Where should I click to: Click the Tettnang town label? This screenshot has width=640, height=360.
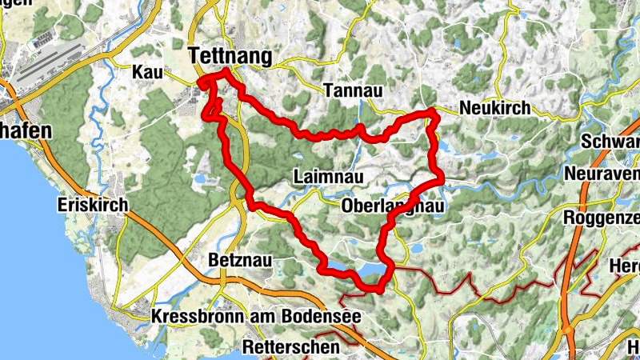[x=230, y=56]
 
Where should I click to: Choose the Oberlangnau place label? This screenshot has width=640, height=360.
[x=391, y=207]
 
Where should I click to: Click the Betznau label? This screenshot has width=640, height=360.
[x=239, y=260]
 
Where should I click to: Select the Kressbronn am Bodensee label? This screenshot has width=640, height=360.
[x=256, y=318]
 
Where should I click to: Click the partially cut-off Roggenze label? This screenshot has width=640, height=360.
[x=602, y=218]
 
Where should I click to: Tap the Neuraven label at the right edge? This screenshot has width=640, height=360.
[x=602, y=174]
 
